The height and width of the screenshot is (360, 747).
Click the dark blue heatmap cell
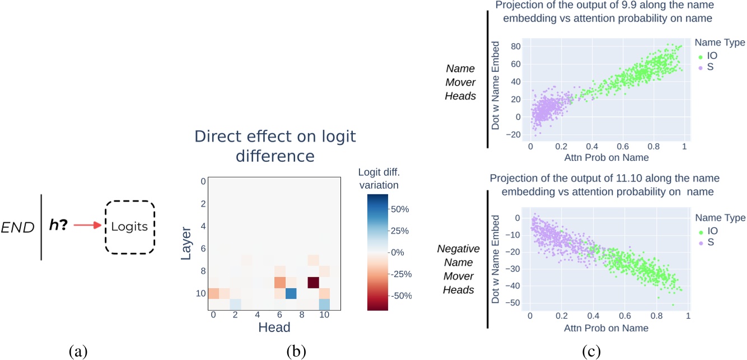[291, 293]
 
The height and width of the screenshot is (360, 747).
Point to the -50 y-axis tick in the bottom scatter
[515, 303]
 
